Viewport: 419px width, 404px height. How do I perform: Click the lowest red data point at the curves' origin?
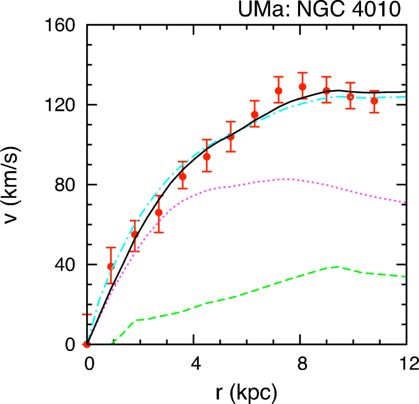pos(87,344)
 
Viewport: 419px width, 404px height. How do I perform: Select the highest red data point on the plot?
pos(302,87)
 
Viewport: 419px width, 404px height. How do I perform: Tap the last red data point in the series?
pos(374,101)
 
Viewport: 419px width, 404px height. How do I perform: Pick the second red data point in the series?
pos(111,266)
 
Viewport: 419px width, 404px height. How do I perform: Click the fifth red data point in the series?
pos(183,176)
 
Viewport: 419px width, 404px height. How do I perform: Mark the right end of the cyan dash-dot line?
pos(405,96)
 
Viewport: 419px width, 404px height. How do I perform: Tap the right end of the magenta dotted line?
pos(405,202)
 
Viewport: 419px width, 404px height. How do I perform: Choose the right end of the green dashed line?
pos(405,276)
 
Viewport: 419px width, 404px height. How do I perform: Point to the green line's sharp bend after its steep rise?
pos(135,320)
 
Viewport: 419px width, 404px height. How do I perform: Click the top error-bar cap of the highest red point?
pos(302,73)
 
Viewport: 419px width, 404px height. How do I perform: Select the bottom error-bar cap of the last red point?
pos(374,112)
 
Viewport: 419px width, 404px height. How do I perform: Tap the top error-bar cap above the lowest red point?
pos(87,314)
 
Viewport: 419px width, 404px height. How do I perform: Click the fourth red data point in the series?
pos(159,212)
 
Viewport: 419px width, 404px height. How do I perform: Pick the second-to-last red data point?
pos(350,96)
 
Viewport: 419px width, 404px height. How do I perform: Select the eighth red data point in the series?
pos(254,114)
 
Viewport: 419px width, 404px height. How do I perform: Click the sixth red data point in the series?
pos(206,156)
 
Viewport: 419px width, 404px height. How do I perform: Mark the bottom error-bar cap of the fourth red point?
pos(159,232)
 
